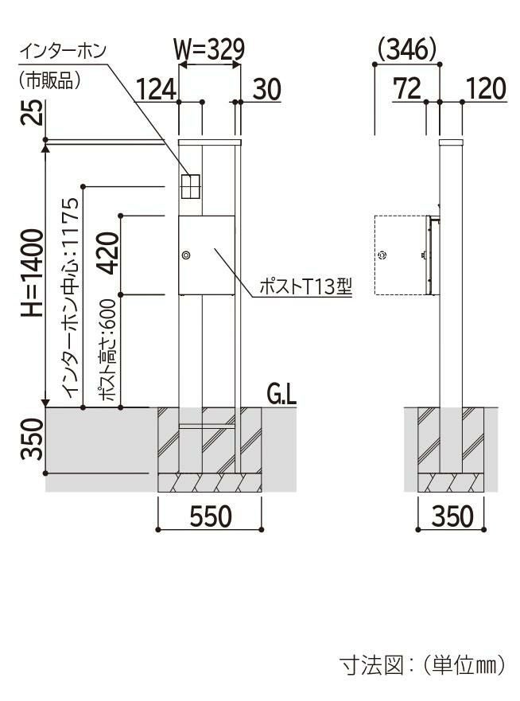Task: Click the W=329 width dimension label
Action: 209,49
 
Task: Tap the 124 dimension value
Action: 156,89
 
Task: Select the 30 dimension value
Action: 267,89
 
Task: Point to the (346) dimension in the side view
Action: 407,49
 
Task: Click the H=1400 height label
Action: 33,273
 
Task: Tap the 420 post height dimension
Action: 107,253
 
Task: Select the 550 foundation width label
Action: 211,516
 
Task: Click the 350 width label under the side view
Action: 452,516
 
